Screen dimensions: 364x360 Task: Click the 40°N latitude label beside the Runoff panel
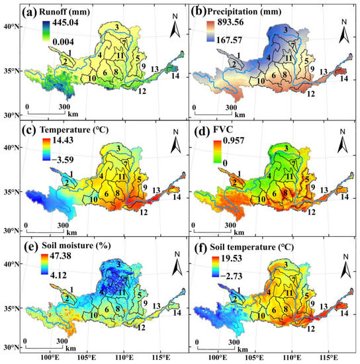coord(11,27)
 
